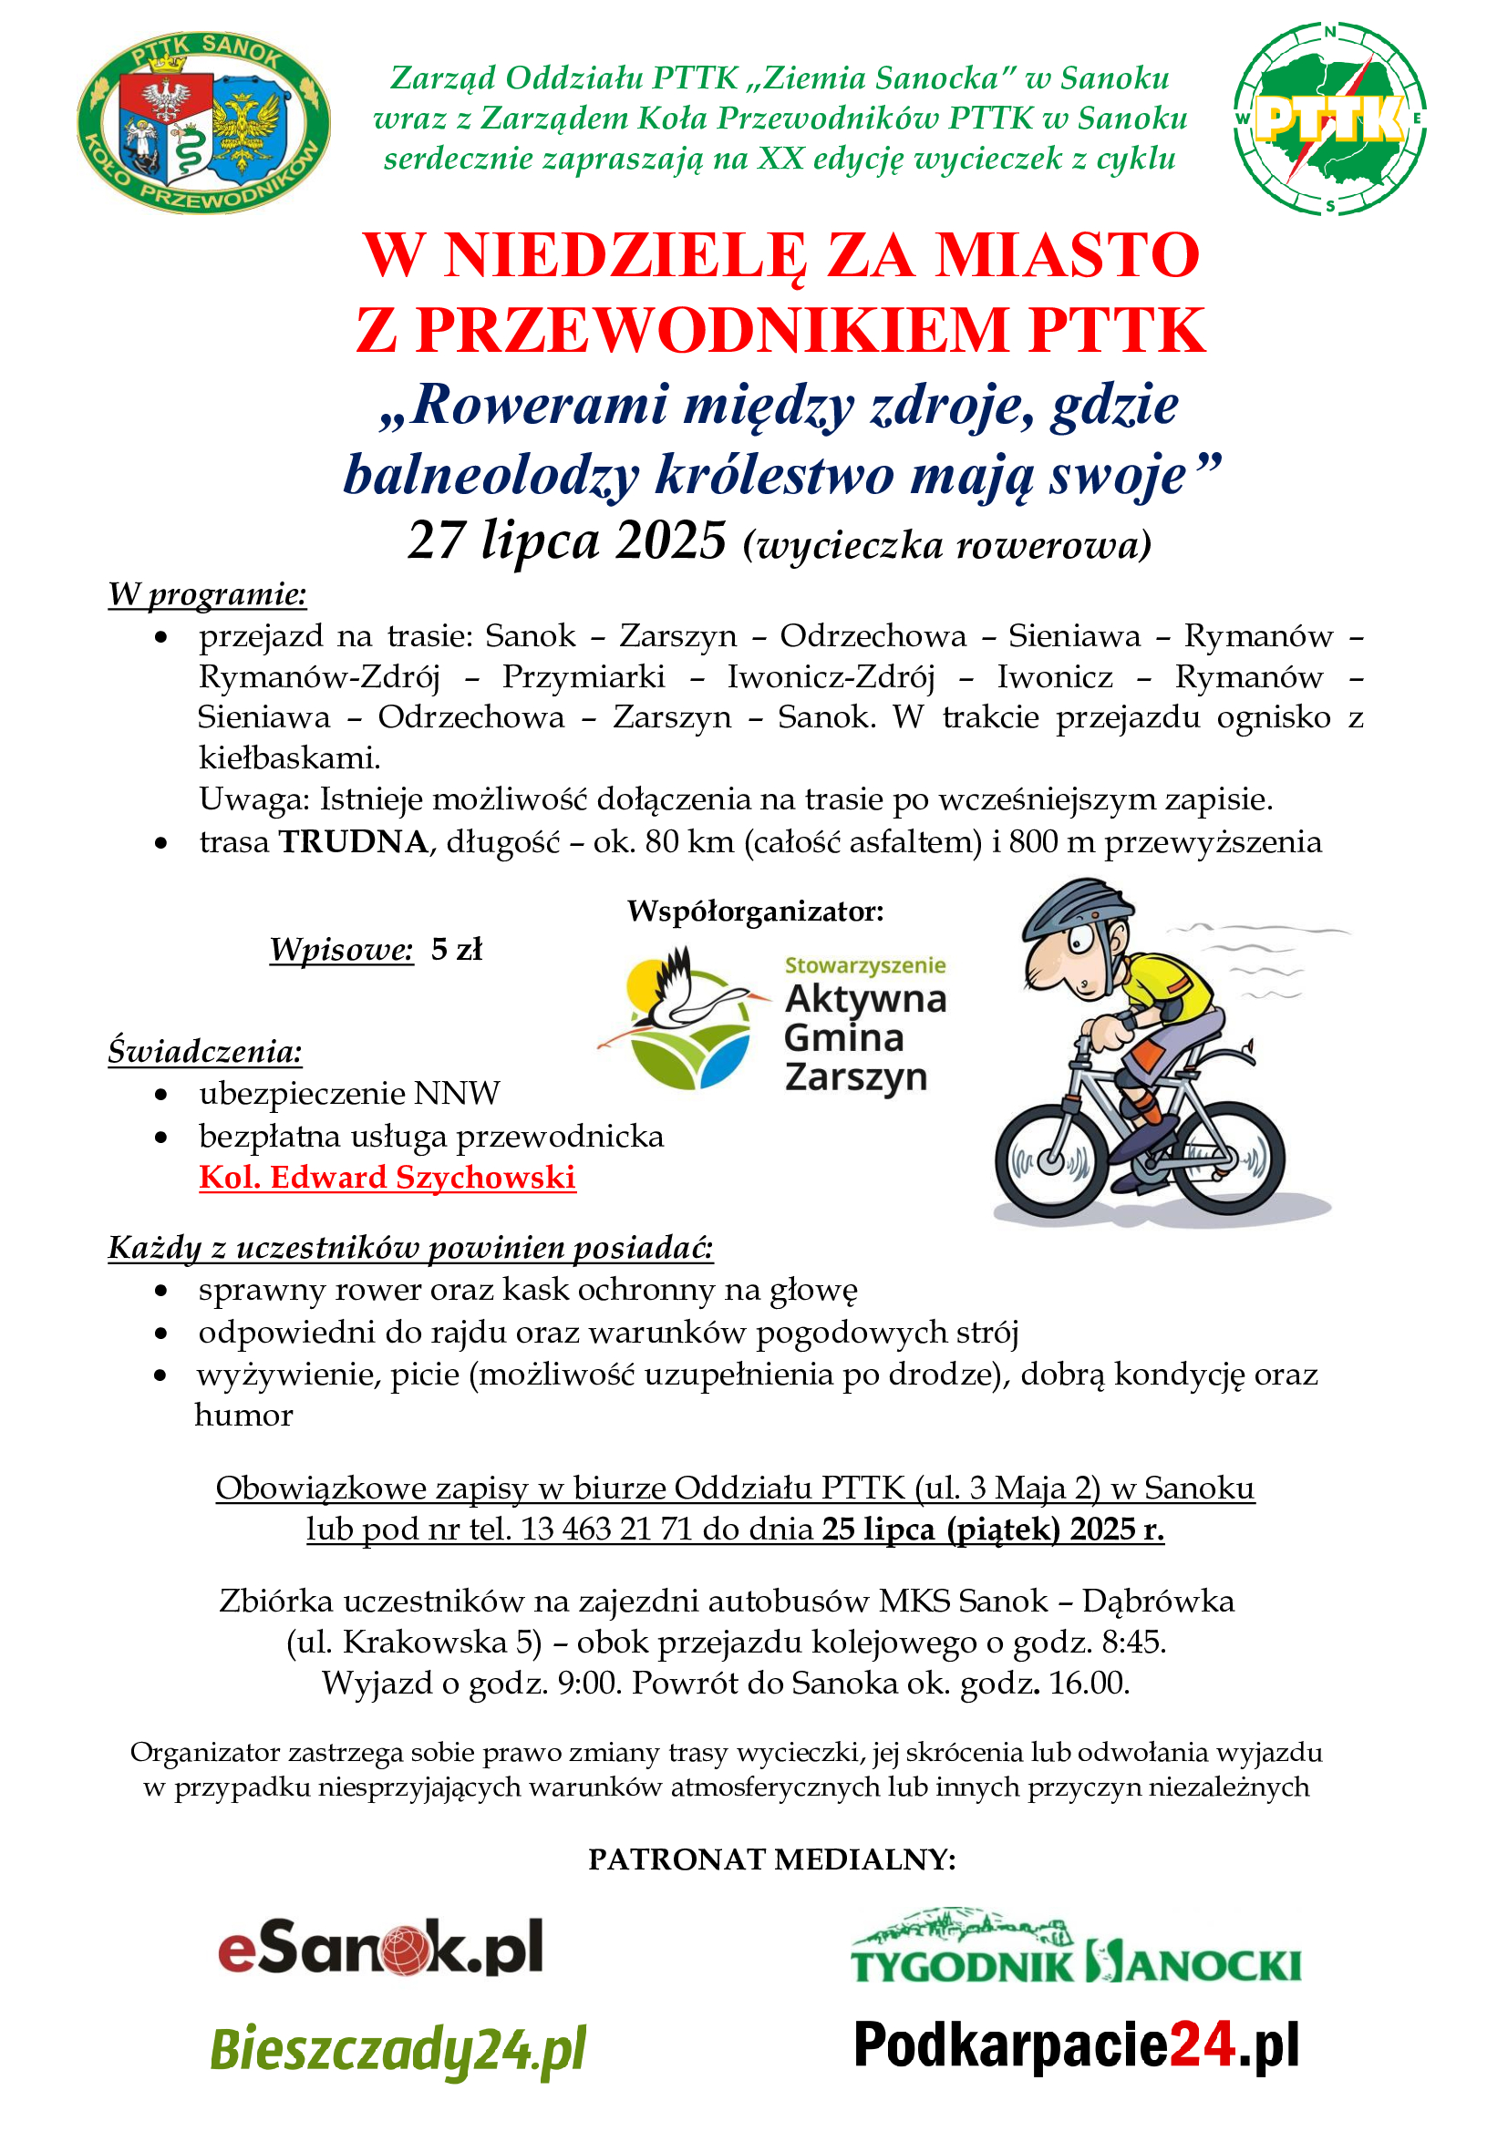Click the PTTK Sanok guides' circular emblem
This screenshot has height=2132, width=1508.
pos(203,122)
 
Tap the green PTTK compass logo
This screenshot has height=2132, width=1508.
pos(1328,118)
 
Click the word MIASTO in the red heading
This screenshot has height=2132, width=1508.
pos(1067,255)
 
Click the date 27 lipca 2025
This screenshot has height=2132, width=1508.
pos(566,541)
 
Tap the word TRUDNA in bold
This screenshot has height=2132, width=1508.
pos(353,841)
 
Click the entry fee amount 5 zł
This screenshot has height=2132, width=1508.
pos(457,949)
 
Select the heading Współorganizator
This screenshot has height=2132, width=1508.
pos(755,911)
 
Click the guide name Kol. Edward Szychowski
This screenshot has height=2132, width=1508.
pos(387,1178)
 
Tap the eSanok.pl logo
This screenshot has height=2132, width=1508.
pos(381,1948)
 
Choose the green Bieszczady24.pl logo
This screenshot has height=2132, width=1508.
pos(398,2048)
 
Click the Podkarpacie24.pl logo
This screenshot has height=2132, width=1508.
pos(1076,2044)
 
